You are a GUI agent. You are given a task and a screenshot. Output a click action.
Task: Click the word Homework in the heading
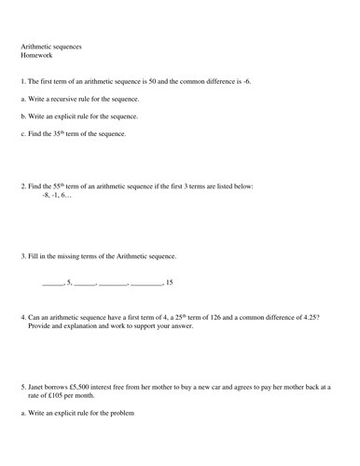coord(35,55)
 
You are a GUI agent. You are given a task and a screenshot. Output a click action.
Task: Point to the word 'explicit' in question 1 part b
coord(76,116)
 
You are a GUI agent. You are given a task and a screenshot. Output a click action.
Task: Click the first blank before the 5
coord(52,282)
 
